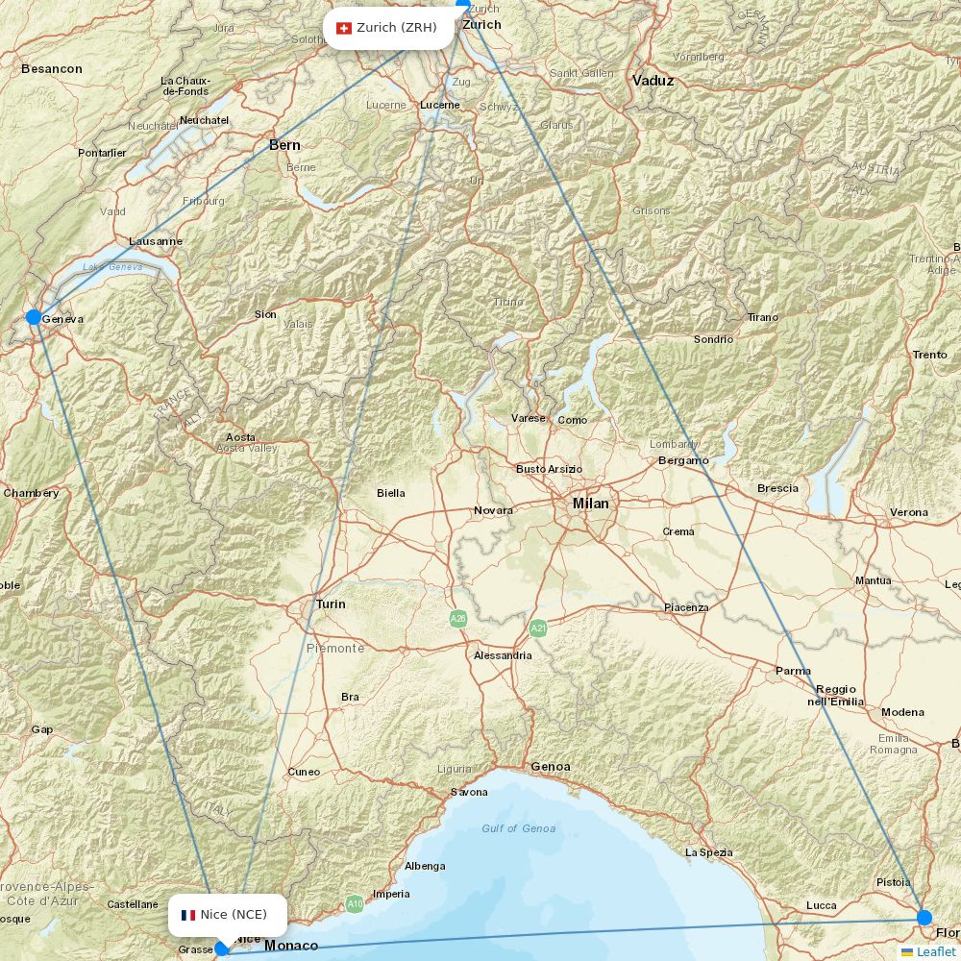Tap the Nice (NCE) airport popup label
click(x=228, y=915)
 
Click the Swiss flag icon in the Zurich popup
click(x=344, y=28)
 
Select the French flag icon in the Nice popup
click(x=188, y=915)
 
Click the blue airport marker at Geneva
click(x=34, y=317)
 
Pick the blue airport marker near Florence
click(x=924, y=917)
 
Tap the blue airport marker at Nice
click(x=222, y=949)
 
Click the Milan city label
click(x=590, y=503)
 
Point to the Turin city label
click(x=331, y=604)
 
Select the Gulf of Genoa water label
click(x=519, y=828)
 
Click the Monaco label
click(x=291, y=946)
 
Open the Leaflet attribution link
click(x=935, y=951)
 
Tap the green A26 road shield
click(x=458, y=619)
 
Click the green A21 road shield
click(x=538, y=628)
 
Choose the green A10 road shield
click(x=355, y=903)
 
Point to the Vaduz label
click(x=653, y=81)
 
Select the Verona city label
click(x=908, y=512)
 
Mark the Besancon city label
click(x=51, y=69)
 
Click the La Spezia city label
click(x=708, y=852)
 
